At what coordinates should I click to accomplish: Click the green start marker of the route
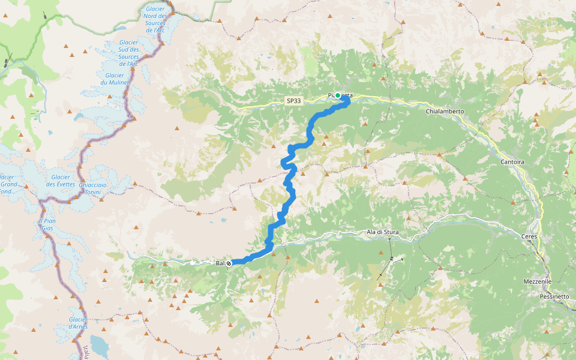338,95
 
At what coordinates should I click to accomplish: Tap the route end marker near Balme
229,263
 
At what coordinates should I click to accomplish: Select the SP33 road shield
294,102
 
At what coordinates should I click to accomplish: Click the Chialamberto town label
445,112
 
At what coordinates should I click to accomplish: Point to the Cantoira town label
513,162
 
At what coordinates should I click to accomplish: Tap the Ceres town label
530,237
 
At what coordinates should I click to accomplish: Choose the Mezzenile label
537,281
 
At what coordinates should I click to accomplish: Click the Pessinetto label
554,296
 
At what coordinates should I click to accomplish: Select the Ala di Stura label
383,232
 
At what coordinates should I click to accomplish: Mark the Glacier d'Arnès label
78,323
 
